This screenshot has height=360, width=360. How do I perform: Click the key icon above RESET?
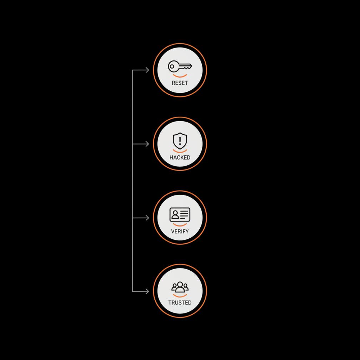point(180,66)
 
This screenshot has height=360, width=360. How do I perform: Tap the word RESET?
point(180,83)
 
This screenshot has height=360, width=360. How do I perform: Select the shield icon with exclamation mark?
point(180,141)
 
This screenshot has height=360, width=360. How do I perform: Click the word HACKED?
point(180,157)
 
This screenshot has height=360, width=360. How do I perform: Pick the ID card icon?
point(180,214)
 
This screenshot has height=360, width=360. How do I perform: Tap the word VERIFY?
point(180,231)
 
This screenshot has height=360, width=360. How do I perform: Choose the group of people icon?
point(180,287)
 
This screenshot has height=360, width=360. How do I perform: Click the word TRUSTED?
point(180,302)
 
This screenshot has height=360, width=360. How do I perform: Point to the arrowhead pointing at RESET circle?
point(147,70)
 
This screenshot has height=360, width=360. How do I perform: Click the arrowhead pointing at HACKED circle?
point(147,144)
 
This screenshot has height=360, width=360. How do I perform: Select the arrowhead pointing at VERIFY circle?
point(147,218)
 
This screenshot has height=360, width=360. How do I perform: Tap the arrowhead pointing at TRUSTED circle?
point(147,291)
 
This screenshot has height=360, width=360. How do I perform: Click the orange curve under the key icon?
point(180,76)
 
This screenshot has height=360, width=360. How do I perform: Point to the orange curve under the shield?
point(180,151)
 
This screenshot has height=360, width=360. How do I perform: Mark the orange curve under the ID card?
point(180,224)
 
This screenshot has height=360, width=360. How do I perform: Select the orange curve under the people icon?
point(180,296)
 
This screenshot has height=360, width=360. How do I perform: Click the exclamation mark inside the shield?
point(180,141)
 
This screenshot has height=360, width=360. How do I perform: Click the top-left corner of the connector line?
point(133,70)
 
